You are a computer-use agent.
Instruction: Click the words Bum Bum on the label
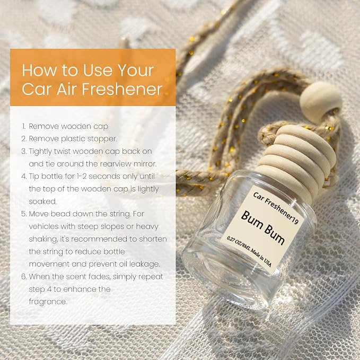click(x=263, y=227)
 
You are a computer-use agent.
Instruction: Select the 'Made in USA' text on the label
click(x=261, y=257)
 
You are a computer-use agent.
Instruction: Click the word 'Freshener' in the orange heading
click(x=122, y=89)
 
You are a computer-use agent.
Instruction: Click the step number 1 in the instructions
click(x=24, y=126)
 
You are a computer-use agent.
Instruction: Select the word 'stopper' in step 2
click(x=102, y=139)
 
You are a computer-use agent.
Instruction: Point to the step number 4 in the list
click(x=24, y=177)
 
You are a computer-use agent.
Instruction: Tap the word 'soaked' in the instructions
click(x=43, y=201)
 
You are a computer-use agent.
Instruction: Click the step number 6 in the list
click(x=24, y=277)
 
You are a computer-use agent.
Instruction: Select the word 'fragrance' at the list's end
click(x=48, y=302)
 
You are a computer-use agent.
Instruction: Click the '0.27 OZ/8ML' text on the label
click(x=238, y=243)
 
